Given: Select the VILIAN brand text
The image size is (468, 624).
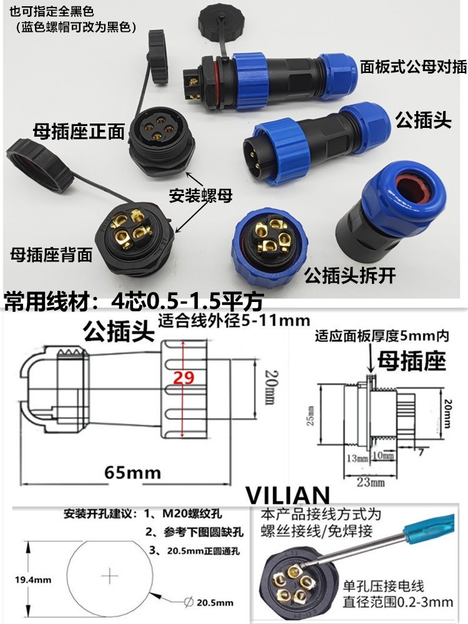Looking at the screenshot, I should pyautogui.click(x=286, y=495).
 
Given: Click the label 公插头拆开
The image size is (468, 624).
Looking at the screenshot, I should pyautogui.click(x=349, y=276).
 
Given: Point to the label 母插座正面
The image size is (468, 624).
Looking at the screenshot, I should pyautogui.click(x=79, y=131).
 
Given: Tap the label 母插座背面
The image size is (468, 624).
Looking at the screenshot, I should pyautogui.click(x=51, y=254).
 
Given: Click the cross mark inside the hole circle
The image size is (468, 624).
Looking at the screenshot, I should pyautogui.click(x=110, y=574).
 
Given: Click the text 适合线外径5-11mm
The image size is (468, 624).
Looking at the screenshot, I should pyautogui.click(x=234, y=321).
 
